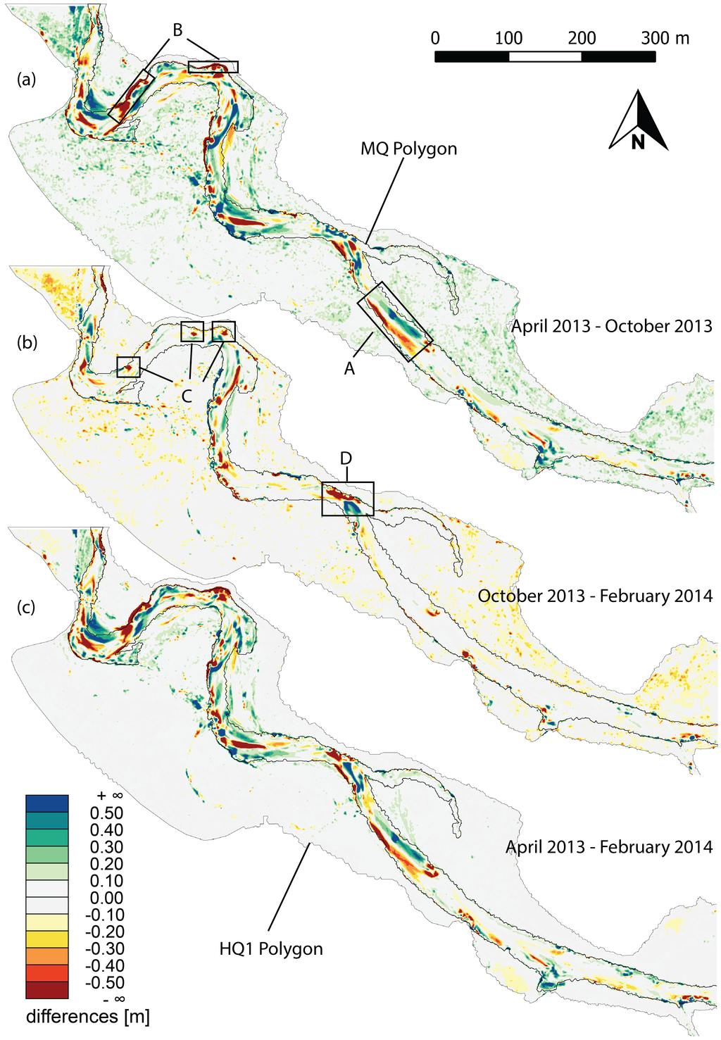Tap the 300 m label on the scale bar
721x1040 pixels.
(x=665, y=38)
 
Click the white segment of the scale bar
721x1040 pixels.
(x=545, y=56)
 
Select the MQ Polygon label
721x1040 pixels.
(x=408, y=149)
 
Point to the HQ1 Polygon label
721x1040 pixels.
(x=271, y=949)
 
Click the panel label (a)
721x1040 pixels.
(x=26, y=80)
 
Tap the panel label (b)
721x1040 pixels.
(x=26, y=343)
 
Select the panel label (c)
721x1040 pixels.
(x=26, y=607)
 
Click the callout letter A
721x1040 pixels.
(x=349, y=368)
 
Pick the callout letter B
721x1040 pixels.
(x=177, y=30)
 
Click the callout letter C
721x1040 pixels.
(x=187, y=396)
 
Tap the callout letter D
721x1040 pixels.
(x=346, y=459)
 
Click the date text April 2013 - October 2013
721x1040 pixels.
(x=611, y=326)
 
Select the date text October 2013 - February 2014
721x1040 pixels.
(x=595, y=596)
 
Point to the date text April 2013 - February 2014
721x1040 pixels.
(x=609, y=847)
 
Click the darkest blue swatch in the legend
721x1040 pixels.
(x=47, y=803)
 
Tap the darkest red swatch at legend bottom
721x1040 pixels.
(x=47, y=990)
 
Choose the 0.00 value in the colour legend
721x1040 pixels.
(x=106, y=898)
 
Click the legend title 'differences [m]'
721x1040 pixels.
(x=87, y=1017)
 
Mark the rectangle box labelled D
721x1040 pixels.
(x=347, y=499)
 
